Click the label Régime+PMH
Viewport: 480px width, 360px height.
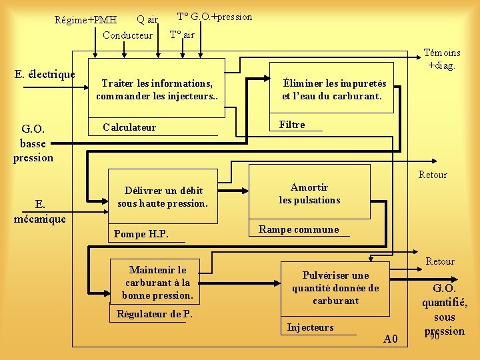(x=85, y=20)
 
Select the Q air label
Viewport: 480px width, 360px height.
(x=147, y=19)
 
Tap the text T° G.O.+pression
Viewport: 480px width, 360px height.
(x=215, y=17)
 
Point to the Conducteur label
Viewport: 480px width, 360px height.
(x=128, y=35)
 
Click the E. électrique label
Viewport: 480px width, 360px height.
(x=45, y=75)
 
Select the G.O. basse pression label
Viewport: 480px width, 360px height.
(x=33, y=143)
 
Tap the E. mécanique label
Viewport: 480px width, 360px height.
(x=41, y=211)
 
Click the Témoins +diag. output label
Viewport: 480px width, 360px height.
(x=442, y=59)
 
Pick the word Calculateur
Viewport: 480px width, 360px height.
(x=129, y=127)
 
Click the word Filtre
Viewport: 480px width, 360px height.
(x=292, y=125)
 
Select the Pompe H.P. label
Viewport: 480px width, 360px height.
(x=141, y=234)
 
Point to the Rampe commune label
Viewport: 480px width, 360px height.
(x=299, y=229)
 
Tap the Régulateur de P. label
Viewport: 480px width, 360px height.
(x=155, y=314)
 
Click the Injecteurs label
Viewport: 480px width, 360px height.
(x=310, y=327)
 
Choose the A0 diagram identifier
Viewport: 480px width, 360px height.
(x=391, y=339)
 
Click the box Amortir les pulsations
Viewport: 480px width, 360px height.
(x=309, y=193)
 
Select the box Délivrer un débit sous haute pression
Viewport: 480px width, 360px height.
(x=163, y=197)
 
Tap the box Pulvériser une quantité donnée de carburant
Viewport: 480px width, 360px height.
(x=335, y=287)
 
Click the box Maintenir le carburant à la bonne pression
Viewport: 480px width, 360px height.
(x=157, y=282)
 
